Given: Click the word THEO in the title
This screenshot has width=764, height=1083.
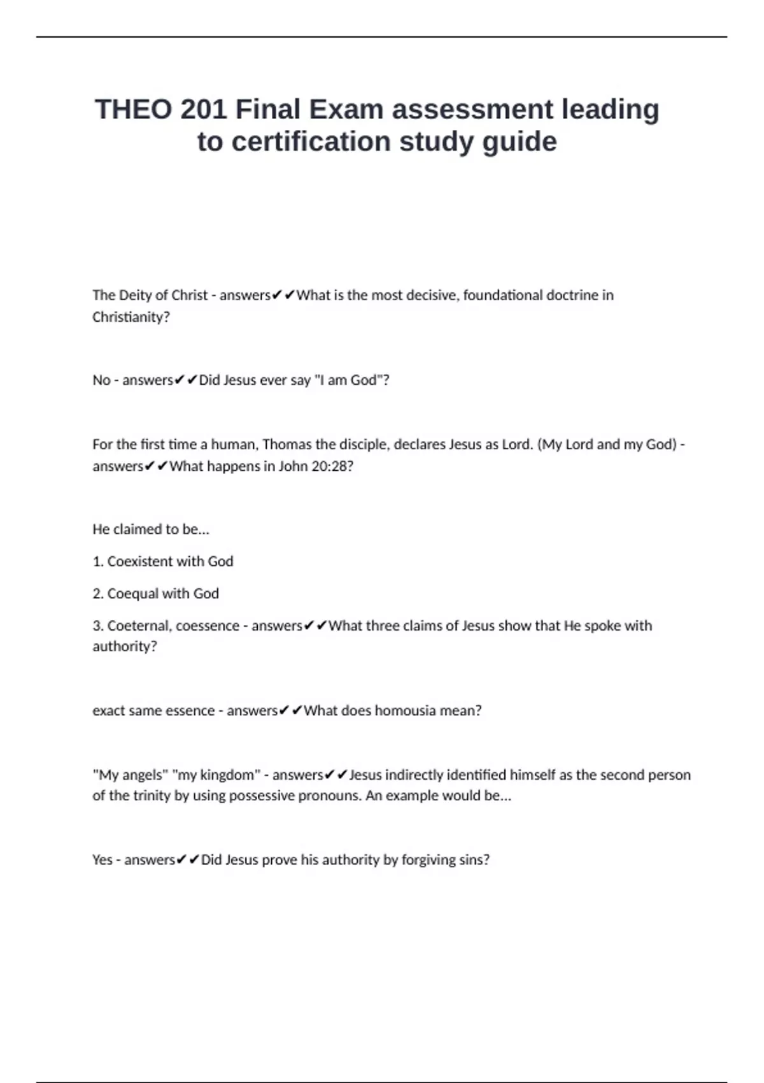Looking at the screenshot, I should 133,110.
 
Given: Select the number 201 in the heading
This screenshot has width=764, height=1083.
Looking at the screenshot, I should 204,110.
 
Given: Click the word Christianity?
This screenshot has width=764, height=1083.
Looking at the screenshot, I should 131,317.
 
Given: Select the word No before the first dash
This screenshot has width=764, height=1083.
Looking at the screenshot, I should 101,380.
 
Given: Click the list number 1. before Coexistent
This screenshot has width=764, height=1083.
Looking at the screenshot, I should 98,561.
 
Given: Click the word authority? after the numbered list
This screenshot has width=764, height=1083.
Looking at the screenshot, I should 124,646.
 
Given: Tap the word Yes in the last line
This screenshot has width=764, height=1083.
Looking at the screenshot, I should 102,859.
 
